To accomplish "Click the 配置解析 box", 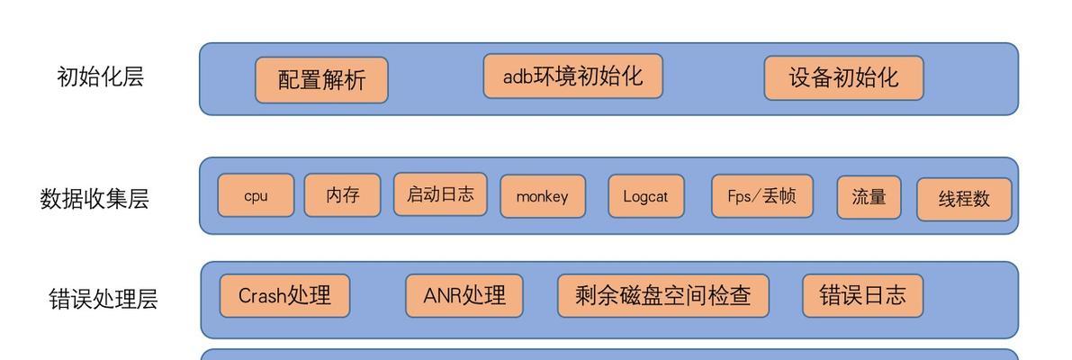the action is (321, 80).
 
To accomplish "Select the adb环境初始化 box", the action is (573, 76).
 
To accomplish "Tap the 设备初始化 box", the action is (843, 78).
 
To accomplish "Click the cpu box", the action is (256, 195).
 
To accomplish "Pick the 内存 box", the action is (343, 195).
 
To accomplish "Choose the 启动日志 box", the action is (440, 194).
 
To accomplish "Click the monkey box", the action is (543, 197).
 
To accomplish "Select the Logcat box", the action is (646, 196).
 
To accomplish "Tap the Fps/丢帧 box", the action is (762, 196).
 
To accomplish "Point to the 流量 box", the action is (869, 197).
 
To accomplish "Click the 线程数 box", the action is (964, 200).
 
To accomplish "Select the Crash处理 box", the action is (284, 296).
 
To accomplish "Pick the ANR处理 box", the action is (464, 296).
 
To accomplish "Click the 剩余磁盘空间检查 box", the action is (663, 296).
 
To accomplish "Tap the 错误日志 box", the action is (863, 296).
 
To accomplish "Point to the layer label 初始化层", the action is (101, 76).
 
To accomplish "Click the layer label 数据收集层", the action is (95, 199).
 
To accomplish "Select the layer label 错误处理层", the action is (104, 299).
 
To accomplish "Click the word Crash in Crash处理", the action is (263, 296).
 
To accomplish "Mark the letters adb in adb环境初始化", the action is (518, 76).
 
